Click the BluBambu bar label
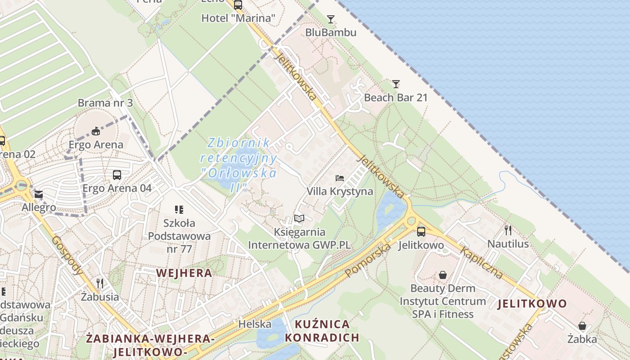(331, 32)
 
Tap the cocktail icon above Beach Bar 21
(396, 84)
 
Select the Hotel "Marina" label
(238, 18)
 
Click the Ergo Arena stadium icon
(95, 131)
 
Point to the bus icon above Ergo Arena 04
(117, 175)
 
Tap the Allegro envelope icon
(39, 194)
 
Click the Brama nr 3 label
(105, 103)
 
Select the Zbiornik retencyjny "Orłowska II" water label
(238, 165)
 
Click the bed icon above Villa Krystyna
(340, 178)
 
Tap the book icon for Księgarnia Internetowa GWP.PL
(299, 219)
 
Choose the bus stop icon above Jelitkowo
(421, 232)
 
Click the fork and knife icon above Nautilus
(508, 230)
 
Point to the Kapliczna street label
(481, 263)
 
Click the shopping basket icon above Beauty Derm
(443, 274)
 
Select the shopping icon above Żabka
(582, 326)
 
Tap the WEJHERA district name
(184, 273)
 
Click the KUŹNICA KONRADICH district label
(322, 331)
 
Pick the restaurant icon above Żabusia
(100, 283)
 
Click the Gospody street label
(67, 256)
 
